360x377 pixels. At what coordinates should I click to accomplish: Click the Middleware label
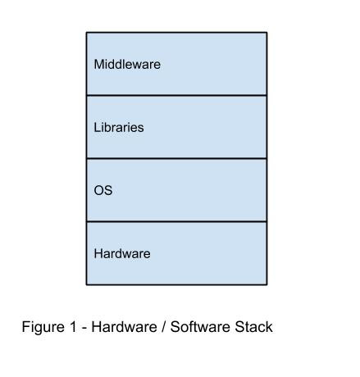[127, 64]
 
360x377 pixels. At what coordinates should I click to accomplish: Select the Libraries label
[119, 127]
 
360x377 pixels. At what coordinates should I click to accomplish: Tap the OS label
[103, 190]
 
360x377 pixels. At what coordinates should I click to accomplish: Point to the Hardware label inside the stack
[122, 253]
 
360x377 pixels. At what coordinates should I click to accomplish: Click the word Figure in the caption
[43, 327]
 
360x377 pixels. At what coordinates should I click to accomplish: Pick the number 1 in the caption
[73, 327]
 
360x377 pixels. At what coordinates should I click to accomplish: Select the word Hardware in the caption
[124, 327]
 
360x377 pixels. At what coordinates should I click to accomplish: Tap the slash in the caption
[164, 327]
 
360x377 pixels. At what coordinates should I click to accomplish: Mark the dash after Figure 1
[84, 329]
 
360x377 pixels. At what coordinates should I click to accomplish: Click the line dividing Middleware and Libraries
[176, 95]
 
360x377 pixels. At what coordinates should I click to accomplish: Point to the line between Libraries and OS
[176, 158]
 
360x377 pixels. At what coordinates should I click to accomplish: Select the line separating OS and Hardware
[176, 221]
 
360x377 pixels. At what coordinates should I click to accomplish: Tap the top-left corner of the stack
[87, 33]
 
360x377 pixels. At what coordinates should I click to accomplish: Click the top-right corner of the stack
[267, 33]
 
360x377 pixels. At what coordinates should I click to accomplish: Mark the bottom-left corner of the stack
[87, 284]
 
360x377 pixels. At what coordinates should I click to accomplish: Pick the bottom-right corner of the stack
[267, 284]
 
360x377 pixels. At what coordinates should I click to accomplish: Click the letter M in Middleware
[99, 64]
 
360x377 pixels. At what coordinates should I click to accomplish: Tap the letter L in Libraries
[97, 127]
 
